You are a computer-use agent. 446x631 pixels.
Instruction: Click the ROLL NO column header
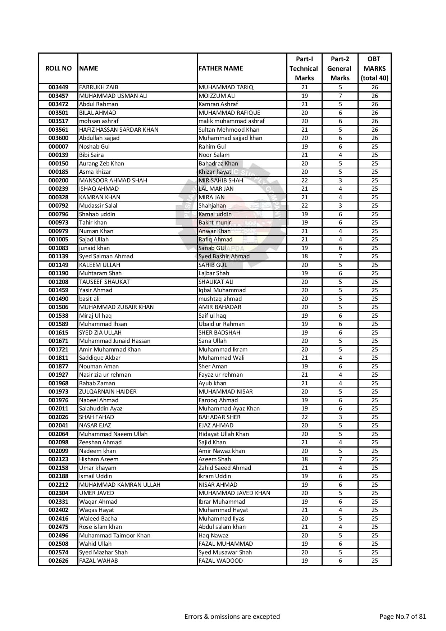click(58, 68)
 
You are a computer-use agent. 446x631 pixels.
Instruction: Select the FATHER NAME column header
click(220, 68)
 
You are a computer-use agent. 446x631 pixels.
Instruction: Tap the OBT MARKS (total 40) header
click(374, 68)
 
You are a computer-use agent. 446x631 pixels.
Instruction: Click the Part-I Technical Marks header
click(304, 68)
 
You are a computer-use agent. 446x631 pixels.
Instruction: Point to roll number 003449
click(58, 87)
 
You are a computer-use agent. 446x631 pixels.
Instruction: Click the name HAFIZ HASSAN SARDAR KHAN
click(119, 130)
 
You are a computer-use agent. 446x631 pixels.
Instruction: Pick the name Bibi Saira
click(91, 155)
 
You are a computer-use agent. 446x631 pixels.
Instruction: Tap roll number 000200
click(58, 181)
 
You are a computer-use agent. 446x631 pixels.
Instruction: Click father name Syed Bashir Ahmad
click(224, 257)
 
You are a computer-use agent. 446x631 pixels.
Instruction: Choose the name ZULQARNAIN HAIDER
click(108, 392)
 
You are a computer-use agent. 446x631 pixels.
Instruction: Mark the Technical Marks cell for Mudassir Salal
click(304, 206)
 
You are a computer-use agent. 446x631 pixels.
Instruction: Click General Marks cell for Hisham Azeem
click(340, 459)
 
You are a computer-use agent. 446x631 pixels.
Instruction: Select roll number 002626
click(58, 561)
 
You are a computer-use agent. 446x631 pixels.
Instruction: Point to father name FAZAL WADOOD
click(220, 561)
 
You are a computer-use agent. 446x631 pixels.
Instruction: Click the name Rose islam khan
click(100, 527)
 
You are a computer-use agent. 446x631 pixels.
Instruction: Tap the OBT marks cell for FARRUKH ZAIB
click(374, 87)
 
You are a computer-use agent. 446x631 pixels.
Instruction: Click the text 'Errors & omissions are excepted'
click(232, 617)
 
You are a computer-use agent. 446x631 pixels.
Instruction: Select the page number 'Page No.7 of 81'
click(402, 617)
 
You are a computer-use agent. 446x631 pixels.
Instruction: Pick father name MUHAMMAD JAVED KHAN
click(234, 493)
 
